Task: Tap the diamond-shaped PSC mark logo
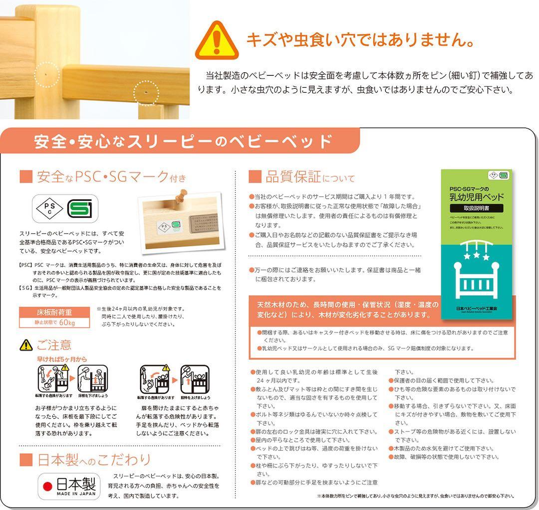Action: (48, 208)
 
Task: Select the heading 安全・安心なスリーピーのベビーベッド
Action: (183, 142)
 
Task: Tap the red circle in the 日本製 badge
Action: (48, 486)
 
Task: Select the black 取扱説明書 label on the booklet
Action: (476, 208)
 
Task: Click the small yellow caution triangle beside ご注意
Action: (26, 344)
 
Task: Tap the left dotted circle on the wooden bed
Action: (47, 75)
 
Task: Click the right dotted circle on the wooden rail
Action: (146, 93)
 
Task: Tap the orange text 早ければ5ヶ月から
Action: (61, 358)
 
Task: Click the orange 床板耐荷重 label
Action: (54, 313)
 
